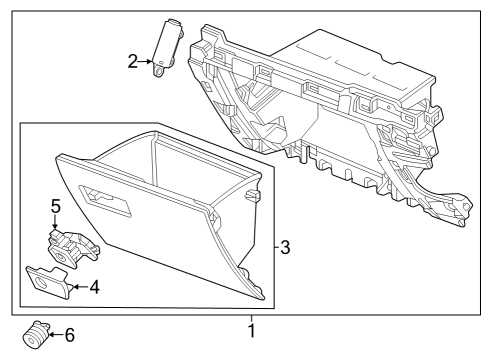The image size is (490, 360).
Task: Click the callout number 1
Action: tap(251, 329)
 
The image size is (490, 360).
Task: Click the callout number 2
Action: tap(133, 62)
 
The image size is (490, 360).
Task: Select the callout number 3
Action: tap(285, 246)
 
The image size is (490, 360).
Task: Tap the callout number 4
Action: tap(94, 288)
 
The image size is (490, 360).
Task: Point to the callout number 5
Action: tap(57, 207)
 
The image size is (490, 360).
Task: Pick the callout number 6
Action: tap(69, 336)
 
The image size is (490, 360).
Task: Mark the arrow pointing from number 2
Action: tap(148, 62)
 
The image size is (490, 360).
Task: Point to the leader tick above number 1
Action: tap(251, 315)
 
